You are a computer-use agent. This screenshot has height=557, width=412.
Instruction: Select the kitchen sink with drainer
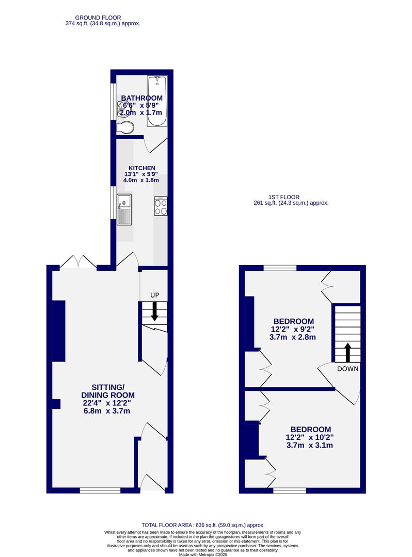(124, 209)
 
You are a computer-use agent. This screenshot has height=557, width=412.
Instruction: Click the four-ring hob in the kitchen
(161, 206)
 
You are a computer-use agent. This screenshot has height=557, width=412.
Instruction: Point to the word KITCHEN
(142, 168)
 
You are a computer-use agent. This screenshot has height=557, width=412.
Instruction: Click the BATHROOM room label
(141, 98)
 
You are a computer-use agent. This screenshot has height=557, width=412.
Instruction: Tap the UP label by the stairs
(154, 295)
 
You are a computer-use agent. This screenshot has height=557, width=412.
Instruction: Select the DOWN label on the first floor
(347, 369)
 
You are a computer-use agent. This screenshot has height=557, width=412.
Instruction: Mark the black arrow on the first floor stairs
(347, 352)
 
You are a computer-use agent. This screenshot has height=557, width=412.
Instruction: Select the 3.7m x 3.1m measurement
(310, 445)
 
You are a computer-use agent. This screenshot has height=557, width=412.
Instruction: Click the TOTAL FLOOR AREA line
(206, 525)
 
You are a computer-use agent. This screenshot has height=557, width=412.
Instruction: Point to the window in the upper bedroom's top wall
(280, 268)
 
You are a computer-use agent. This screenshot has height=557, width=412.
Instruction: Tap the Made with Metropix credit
(206, 554)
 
